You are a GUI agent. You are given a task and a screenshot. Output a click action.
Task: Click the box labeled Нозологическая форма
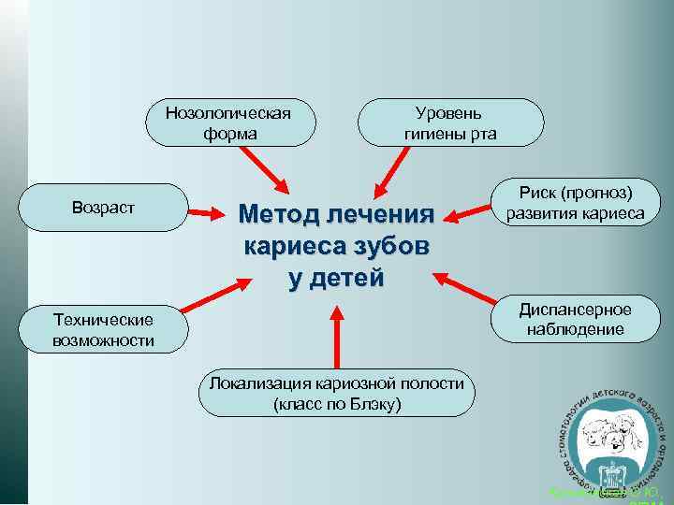click(x=228, y=122)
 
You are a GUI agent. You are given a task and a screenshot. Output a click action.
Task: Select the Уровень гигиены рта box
click(x=450, y=122)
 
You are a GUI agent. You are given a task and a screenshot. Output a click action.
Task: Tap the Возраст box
click(x=103, y=208)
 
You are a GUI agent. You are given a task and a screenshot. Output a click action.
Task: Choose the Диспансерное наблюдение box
click(x=576, y=320)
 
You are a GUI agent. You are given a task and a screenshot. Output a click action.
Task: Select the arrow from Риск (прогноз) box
click(x=468, y=215)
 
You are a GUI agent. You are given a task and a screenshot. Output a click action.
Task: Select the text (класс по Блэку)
click(x=336, y=404)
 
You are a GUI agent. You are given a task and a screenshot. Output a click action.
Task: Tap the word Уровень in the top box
click(x=450, y=112)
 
